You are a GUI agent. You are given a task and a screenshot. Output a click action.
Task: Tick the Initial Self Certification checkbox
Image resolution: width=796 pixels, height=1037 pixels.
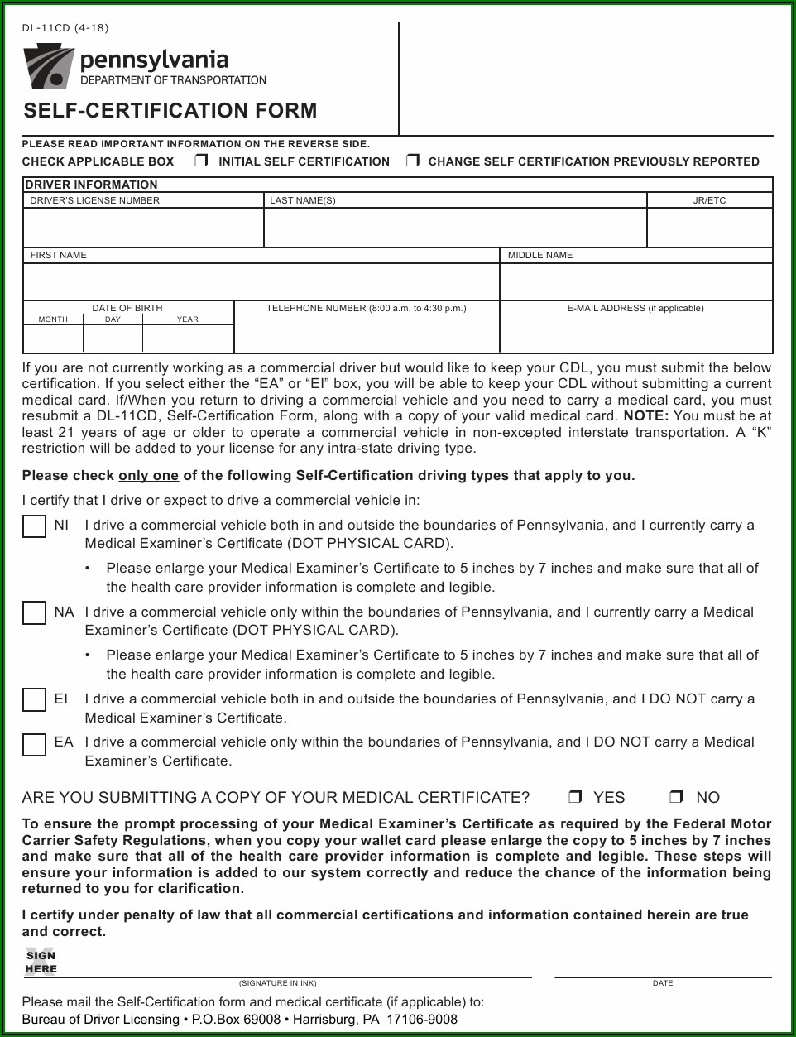[x=201, y=161]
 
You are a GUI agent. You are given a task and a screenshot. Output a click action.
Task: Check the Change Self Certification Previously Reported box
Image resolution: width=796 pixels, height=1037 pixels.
[x=412, y=161]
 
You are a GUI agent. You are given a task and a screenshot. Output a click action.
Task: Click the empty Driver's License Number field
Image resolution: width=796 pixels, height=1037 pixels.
[x=143, y=228]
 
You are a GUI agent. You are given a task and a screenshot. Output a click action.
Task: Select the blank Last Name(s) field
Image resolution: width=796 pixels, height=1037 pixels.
[x=454, y=228]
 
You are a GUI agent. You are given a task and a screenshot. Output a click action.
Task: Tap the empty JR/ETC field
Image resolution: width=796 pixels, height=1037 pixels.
[x=709, y=228]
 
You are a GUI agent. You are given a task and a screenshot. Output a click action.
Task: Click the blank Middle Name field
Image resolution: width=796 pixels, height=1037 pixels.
[x=635, y=282]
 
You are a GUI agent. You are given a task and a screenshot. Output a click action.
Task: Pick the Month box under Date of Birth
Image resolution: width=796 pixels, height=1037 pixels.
[x=53, y=338]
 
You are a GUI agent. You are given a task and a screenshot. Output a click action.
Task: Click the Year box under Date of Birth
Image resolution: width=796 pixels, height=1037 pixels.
[x=188, y=338]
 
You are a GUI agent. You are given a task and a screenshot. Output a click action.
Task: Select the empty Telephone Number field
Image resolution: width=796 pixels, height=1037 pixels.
[x=367, y=334]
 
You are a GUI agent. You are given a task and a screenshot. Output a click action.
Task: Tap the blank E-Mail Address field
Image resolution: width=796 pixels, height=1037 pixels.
[x=635, y=334]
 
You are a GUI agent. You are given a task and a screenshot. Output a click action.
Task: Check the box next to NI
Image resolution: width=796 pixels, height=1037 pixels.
[x=34, y=526]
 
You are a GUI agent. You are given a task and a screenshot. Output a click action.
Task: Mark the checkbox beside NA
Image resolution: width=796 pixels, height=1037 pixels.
[x=34, y=613]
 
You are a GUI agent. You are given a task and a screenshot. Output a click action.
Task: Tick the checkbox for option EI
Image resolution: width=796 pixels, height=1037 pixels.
[x=34, y=700]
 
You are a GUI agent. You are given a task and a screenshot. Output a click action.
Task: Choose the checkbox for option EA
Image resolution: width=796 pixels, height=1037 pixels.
[x=34, y=745]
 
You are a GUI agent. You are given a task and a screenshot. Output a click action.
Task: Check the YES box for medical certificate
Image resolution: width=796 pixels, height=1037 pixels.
[x=575, y=797]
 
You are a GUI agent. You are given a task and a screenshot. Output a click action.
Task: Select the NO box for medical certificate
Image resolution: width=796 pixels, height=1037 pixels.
[x=676, y=797]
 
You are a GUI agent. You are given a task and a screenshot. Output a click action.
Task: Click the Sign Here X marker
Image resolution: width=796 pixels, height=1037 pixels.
[x=39, y=962]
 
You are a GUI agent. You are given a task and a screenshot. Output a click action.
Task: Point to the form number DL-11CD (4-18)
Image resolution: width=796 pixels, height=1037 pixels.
[x=65, y=28]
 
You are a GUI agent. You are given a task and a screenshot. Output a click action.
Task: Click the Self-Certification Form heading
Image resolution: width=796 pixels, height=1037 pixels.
[x=170, y=111]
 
